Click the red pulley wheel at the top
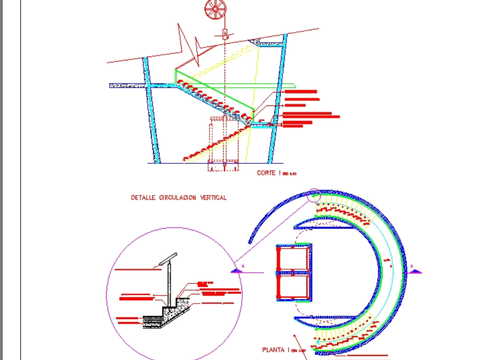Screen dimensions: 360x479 click(x=215, y=9)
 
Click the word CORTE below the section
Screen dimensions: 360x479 click(x=266, y=173)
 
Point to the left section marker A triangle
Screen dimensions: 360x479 click(x=238, y=271)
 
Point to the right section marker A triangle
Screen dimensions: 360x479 click(x=414, y=271)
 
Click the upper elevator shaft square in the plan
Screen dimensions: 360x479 click(x=293, y=258)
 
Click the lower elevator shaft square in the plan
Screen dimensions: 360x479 click(x=293, y=287)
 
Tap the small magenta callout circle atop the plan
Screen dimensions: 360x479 click(x=314, y=195)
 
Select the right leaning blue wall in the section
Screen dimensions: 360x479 click(x=277, y=101)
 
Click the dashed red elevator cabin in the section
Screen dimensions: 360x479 click(x=224, y=144)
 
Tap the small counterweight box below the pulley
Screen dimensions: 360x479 click(x=225, y=34)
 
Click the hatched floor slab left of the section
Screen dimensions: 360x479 click(x=126, y=85)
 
